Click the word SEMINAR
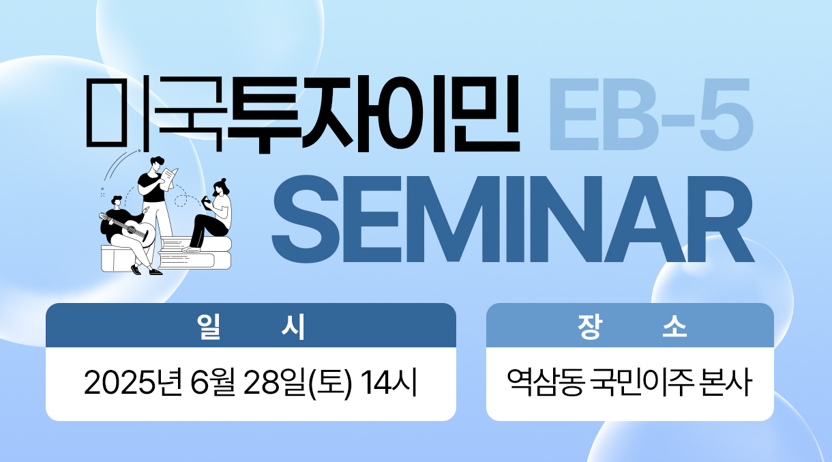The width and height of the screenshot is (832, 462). point(514,219)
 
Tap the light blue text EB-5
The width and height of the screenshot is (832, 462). point(651,115)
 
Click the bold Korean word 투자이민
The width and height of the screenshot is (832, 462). point(373,114)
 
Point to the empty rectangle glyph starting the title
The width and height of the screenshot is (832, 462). point(106,112)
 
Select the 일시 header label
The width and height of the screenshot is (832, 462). point(251,326)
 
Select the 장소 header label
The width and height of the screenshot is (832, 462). point(632,326)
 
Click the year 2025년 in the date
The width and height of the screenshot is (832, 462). point(133,383)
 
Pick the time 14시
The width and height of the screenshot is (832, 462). point(389,383)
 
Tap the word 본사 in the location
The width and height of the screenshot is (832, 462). point(725,383)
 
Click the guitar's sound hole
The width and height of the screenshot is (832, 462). point(131,229)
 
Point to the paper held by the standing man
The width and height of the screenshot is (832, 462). point(169,179)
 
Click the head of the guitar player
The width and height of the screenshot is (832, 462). point(117,201)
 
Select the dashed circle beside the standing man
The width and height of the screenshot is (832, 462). point(181,201)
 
